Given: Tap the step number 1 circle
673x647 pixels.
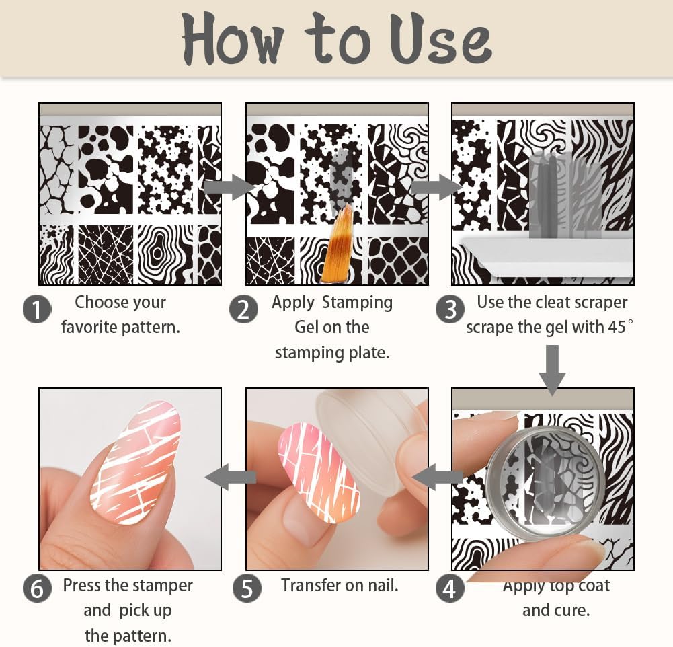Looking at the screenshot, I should click(x=37, y=310).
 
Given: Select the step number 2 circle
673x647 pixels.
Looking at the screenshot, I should click(x=243, y=310).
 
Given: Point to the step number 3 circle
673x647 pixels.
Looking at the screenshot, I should click(x=450, y=310).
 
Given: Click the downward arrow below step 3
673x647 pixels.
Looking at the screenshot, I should click(x=552, y=369).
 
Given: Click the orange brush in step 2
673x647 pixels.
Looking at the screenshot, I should click(x=336, y=245).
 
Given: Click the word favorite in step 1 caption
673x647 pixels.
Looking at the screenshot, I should click(x=90, y=328).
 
